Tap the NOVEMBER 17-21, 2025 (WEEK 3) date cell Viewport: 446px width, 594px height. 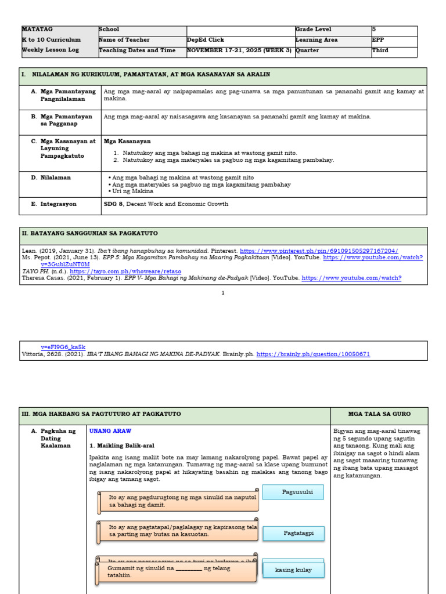(239, 50)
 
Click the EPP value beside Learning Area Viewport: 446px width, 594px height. (378, 40)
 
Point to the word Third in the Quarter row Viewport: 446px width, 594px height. (380, 50)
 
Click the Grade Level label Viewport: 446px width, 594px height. (314, 29)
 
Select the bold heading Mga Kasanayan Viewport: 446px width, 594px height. (127, 141)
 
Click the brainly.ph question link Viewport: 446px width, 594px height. (313, 354)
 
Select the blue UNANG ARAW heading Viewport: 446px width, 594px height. (110, 431)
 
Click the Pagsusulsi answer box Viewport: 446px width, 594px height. (293, 492)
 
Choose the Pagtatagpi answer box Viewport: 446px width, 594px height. (293, 533)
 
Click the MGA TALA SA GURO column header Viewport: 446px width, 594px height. (379, 414)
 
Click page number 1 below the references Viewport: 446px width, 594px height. (223, 293)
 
